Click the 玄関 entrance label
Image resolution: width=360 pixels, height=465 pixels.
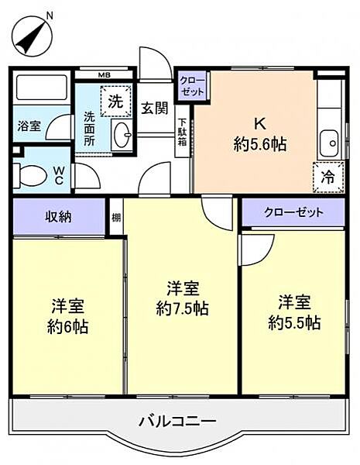(154, 108)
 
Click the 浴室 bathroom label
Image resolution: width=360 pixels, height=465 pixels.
(29, 126)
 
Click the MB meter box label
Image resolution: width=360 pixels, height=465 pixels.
(105, 75)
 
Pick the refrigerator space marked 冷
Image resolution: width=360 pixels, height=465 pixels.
(327, 177)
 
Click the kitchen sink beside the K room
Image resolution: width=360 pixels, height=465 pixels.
(329, 143)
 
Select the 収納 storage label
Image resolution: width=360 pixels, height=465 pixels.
(57, 216)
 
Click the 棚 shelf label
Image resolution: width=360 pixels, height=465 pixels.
(115, 217)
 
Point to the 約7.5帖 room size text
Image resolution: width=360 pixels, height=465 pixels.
(181, 308)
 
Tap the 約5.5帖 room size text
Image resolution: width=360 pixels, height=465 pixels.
(294, 322)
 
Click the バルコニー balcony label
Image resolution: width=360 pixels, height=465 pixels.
(178, 422)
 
